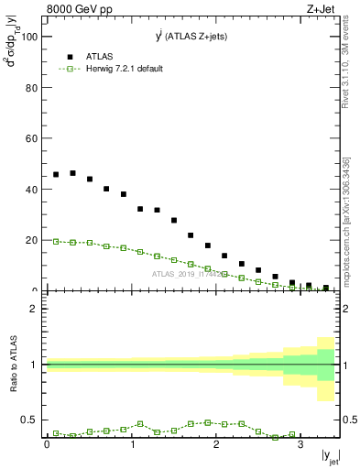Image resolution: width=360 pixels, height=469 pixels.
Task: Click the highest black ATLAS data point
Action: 72,172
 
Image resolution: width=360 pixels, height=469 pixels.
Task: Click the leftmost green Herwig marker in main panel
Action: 56,242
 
